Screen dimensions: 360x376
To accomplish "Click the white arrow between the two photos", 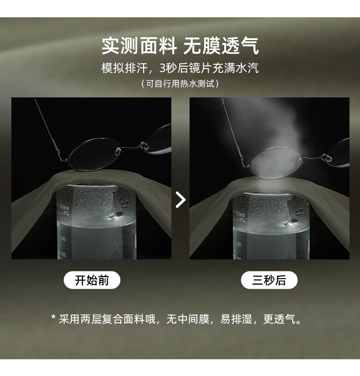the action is tap(181, 199).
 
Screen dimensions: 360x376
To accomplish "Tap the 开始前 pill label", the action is tap(92, 280).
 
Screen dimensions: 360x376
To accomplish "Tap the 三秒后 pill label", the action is tap(269, 280).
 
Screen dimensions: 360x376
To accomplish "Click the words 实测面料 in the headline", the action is tap(139, 46).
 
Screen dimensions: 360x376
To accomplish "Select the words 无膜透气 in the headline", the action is tap(221, 46).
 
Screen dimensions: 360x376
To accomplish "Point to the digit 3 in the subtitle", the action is tap(163, 68).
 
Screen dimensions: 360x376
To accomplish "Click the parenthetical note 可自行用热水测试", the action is tap(180, 84).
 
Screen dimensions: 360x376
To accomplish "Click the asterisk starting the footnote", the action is tap(53, 317).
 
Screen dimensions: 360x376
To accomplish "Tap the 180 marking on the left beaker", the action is tap(62, 239).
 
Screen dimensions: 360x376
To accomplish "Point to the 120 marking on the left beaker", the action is tap(63, 254).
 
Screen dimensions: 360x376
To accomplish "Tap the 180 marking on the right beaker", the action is tap(238, 244).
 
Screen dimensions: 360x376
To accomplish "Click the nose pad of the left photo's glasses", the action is tap(118, 151).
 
